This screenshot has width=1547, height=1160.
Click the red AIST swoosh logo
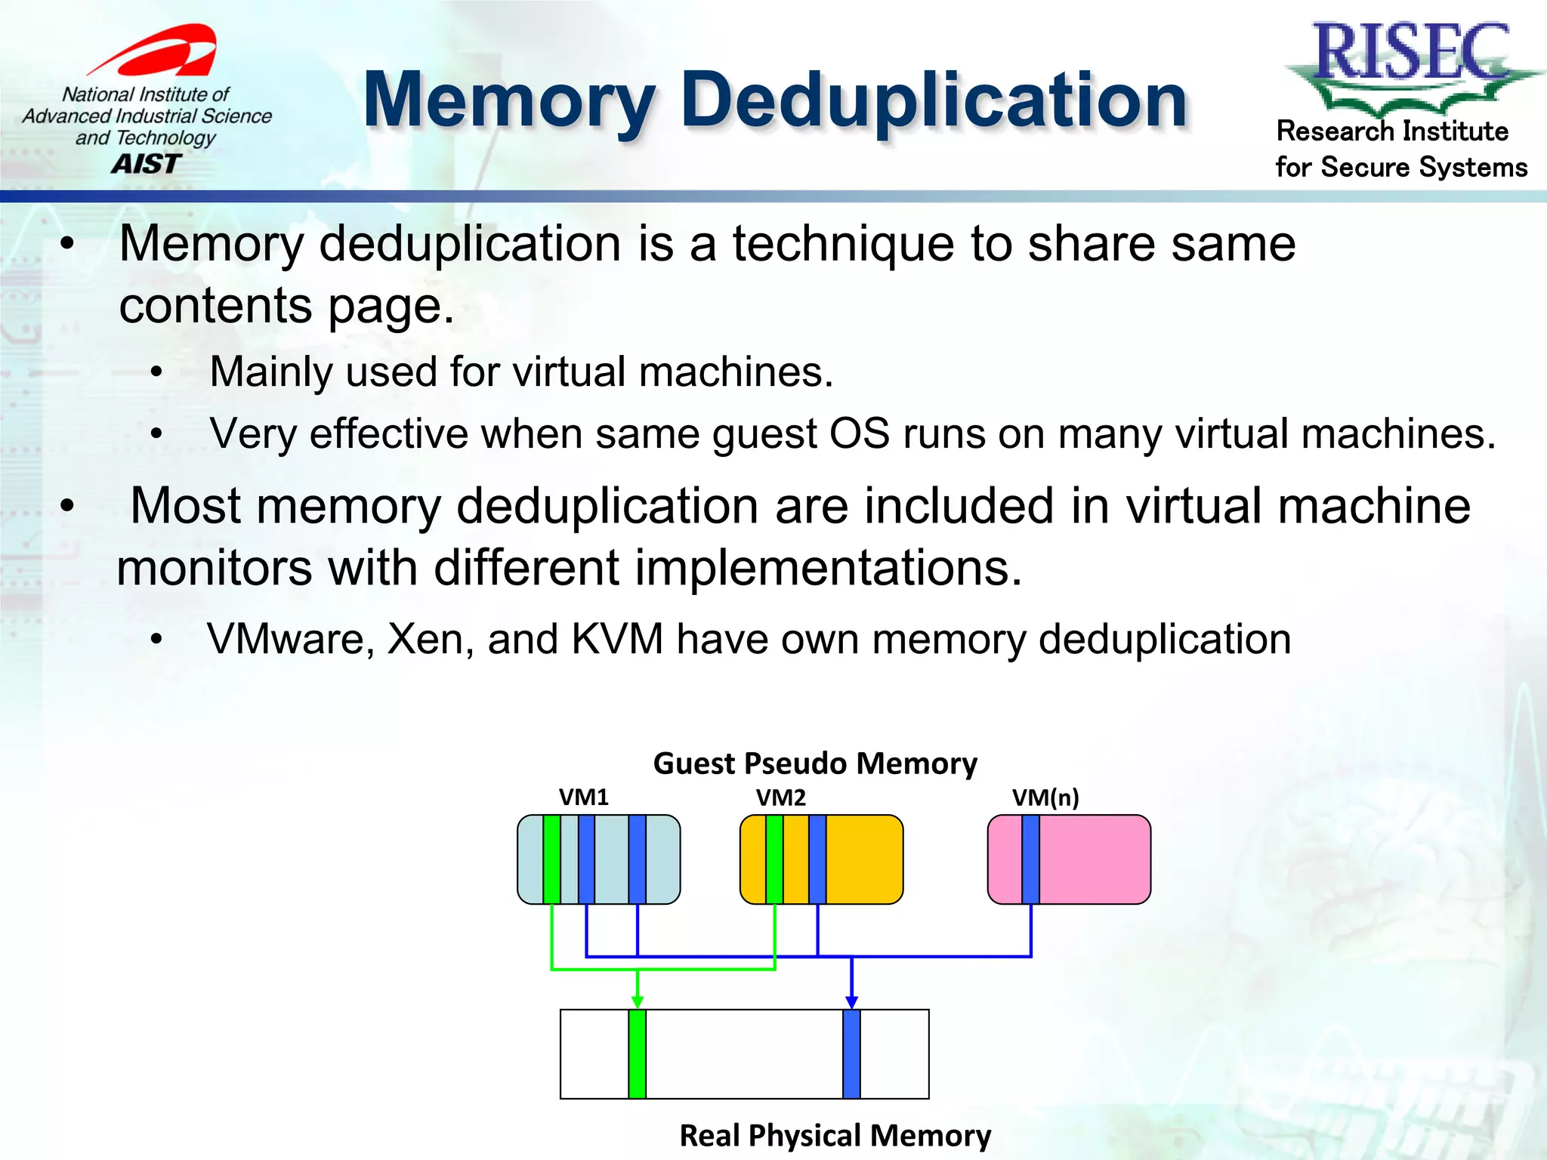(x=162, y=51)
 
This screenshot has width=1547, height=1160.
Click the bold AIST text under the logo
(x=147, y=164)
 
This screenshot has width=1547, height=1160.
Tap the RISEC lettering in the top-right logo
(x=1411, y=51)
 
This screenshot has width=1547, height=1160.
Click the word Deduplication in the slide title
(x=934, y=100)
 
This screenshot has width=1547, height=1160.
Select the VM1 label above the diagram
(x=583, y=797)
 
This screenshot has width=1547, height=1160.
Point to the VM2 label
(x=780, y=797)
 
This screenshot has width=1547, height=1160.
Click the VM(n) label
(x=1045, y=797)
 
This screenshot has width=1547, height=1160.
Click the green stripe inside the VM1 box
(x=551, y=859)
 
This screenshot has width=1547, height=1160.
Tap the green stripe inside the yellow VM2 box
(x=774, y=859)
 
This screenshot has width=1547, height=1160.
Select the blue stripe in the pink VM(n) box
(x=1030, y=859)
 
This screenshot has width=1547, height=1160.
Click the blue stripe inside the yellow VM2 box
(x=817, y=859)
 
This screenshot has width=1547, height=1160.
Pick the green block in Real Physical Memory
(x=637, y=1054)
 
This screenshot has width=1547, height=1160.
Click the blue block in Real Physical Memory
(x=851, y=1054)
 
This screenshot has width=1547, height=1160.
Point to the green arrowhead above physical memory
(x=638, y=1001)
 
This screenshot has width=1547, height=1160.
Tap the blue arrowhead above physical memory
(x=851, y=1001)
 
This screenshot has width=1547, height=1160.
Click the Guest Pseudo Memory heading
(x=815, y=764)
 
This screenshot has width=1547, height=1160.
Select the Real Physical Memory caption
(x=835, y=1136)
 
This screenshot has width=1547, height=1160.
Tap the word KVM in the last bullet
(x=617, y=640)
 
